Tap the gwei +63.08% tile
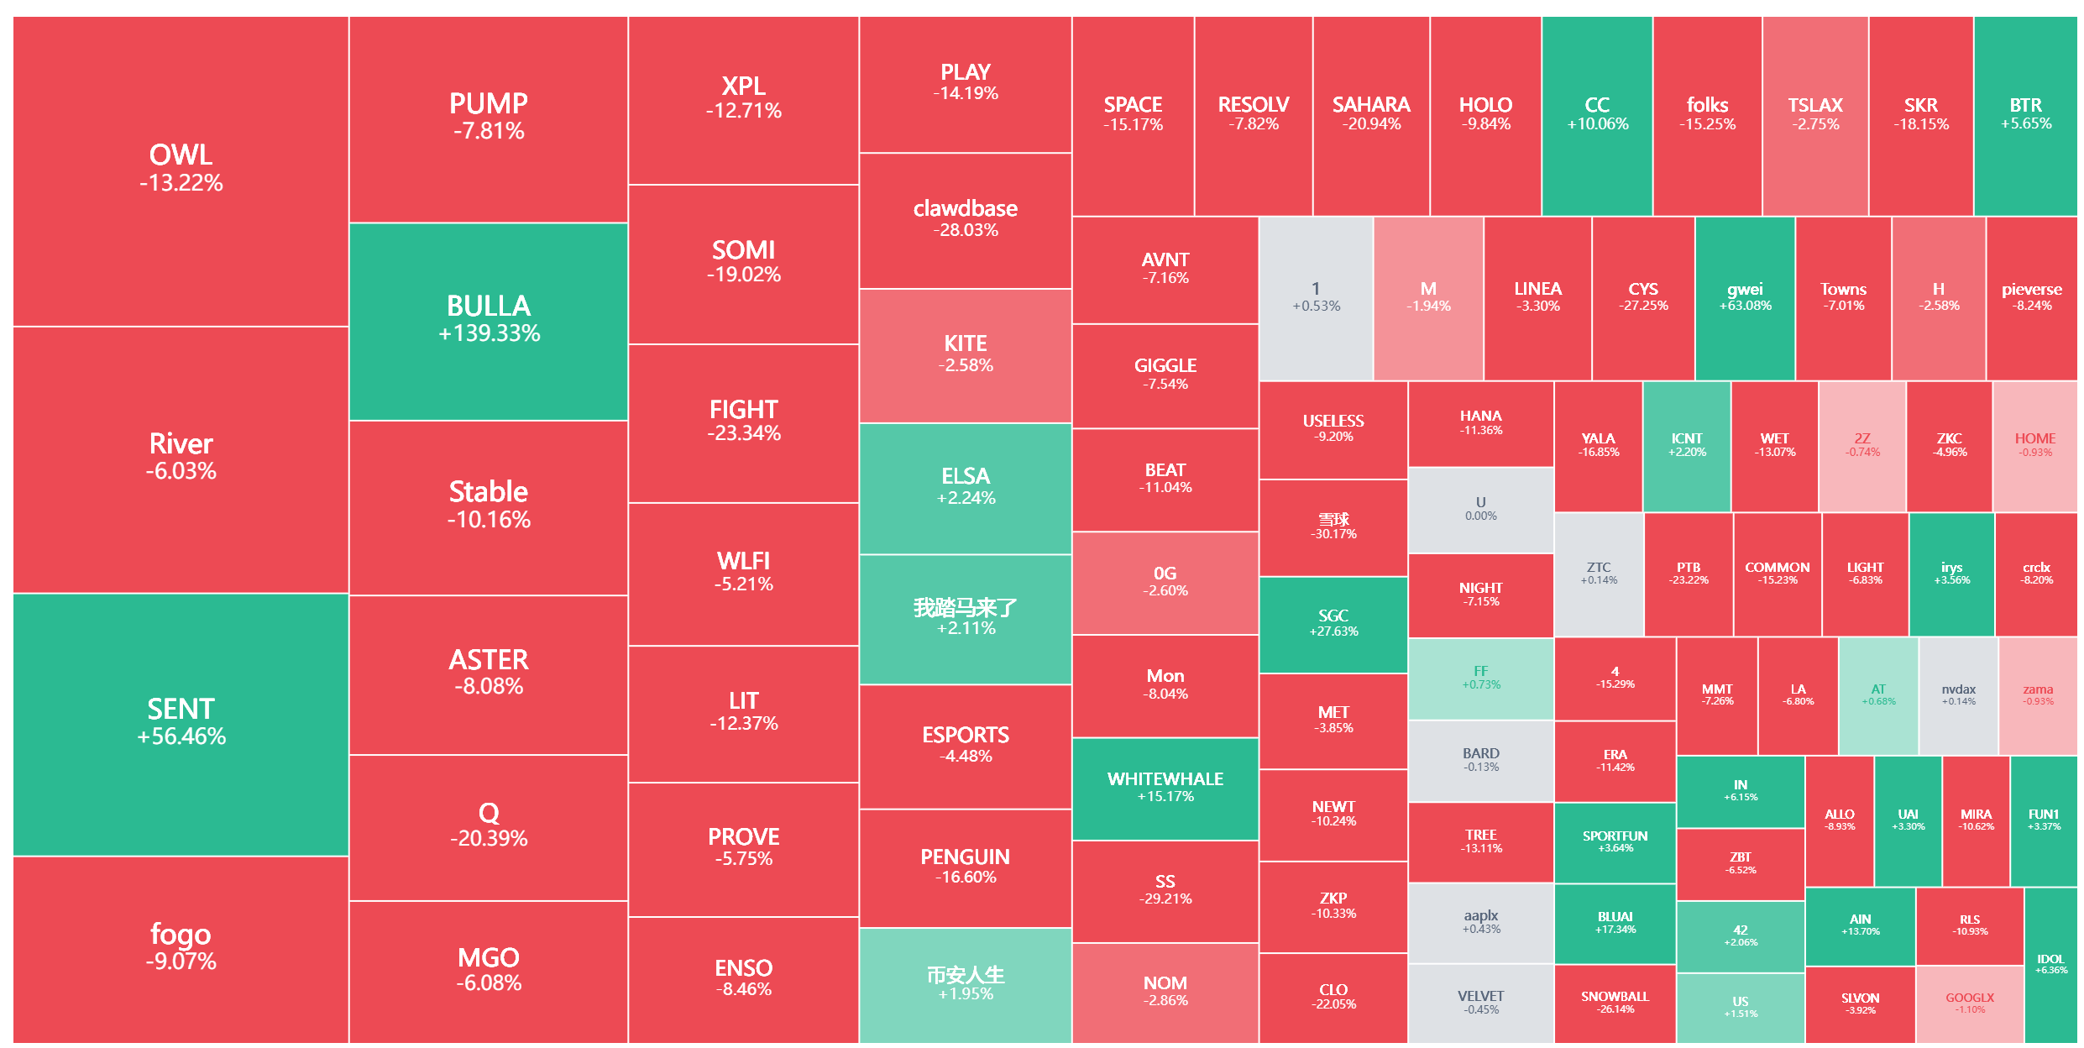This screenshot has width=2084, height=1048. [1745, 297]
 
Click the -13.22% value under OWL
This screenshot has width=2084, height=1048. [181, 183]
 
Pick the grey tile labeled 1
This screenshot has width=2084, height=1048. [1316, 297]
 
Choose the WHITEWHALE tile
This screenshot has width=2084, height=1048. [1165, 788]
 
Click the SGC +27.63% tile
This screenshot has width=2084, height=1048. [1333, 623]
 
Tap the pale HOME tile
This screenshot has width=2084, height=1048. [2034, 445]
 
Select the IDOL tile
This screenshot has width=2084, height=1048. [2050, 964]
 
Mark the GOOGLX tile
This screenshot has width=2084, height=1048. [1969, 1003]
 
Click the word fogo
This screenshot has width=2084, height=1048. [181, 934]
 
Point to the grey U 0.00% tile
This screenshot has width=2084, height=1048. [1480, 509]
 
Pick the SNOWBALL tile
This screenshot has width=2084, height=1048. [1615, 1003]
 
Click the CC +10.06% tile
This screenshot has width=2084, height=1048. [1597, 114]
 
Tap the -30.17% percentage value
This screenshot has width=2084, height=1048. [1333, 534]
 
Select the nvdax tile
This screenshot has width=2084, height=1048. [1958, 695]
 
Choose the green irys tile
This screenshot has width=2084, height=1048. [1951, 574]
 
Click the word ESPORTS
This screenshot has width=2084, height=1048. [966, 736]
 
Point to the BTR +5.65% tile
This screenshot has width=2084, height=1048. [2025, 114]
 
